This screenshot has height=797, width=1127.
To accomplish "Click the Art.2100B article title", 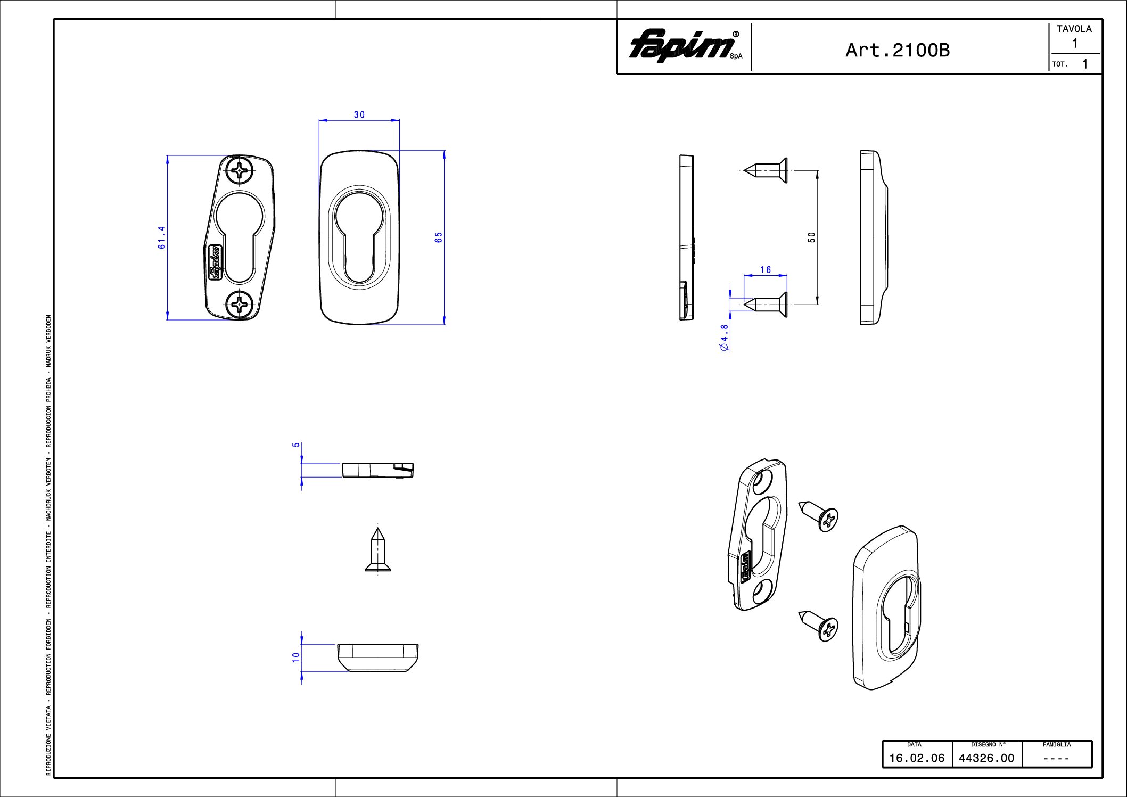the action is (x=897, y=50).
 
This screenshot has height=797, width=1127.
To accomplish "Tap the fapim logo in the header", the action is (x=686, y=46).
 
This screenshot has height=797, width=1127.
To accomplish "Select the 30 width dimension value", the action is (x=359, y=114).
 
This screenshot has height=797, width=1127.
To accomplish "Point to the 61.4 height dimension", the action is (x=162, y=237).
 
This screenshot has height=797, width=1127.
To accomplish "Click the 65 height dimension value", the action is (x=439, y=237).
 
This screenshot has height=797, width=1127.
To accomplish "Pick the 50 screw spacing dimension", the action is (x=811, y=237).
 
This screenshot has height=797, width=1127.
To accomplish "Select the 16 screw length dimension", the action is (x=766, y=270).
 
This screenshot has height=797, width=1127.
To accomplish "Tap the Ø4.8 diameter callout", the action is (x=724, y=338).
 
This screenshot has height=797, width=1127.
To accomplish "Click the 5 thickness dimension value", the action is (x=296, y=445).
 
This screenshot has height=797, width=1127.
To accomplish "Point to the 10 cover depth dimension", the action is (x=296, y=658).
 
